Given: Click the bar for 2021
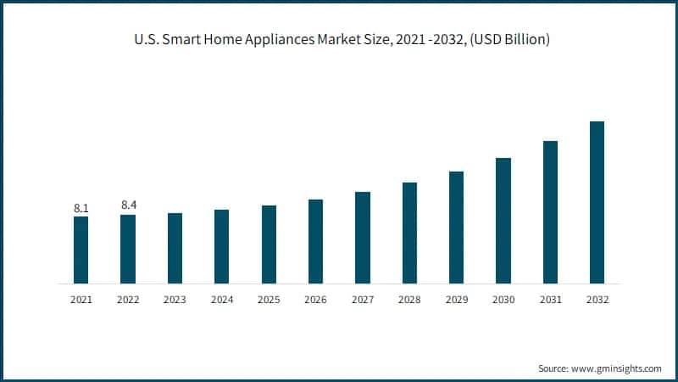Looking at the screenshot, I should (81, 250).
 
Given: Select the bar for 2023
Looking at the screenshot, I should (175, 248).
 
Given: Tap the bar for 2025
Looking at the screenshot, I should (269, 244).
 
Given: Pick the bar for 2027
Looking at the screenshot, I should (363, 237).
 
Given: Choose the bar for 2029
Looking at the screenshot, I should (456, 227).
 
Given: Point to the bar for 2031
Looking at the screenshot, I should (550, 211).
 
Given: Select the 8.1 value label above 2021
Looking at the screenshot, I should (81, 207).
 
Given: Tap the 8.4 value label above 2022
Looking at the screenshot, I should (128, 205).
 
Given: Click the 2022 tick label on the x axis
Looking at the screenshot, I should (128, 300).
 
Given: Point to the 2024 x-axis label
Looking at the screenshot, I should (222, 300).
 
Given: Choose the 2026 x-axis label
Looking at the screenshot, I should (315, 300).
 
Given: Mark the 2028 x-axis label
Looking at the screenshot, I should (409, 300).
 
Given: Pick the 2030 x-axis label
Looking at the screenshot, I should (503, 300).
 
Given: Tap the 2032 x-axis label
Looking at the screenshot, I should (597, 300).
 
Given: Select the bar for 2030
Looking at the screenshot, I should (503, 220).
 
